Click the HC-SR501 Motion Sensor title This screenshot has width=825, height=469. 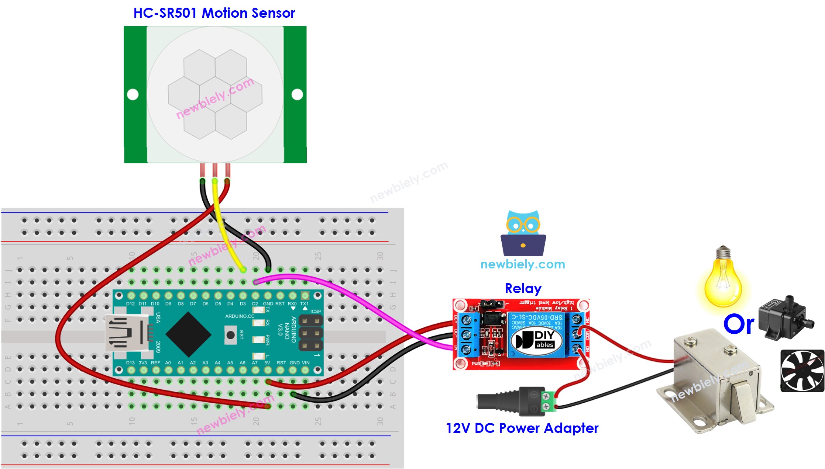(214, 13)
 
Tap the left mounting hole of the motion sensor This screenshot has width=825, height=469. (133, 94)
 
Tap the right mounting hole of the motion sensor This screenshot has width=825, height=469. (297, 94)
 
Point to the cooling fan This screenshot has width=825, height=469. (802, 371)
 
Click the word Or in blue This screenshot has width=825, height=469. (738, 324)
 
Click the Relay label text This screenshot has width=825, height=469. (523, 288)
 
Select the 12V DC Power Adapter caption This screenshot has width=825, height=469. (522, 428)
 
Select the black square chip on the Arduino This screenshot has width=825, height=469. (188, 334)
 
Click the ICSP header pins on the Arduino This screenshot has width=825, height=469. (310, 333)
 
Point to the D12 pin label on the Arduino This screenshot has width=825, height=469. (130, 304)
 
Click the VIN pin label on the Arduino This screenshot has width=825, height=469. (306, 363)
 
